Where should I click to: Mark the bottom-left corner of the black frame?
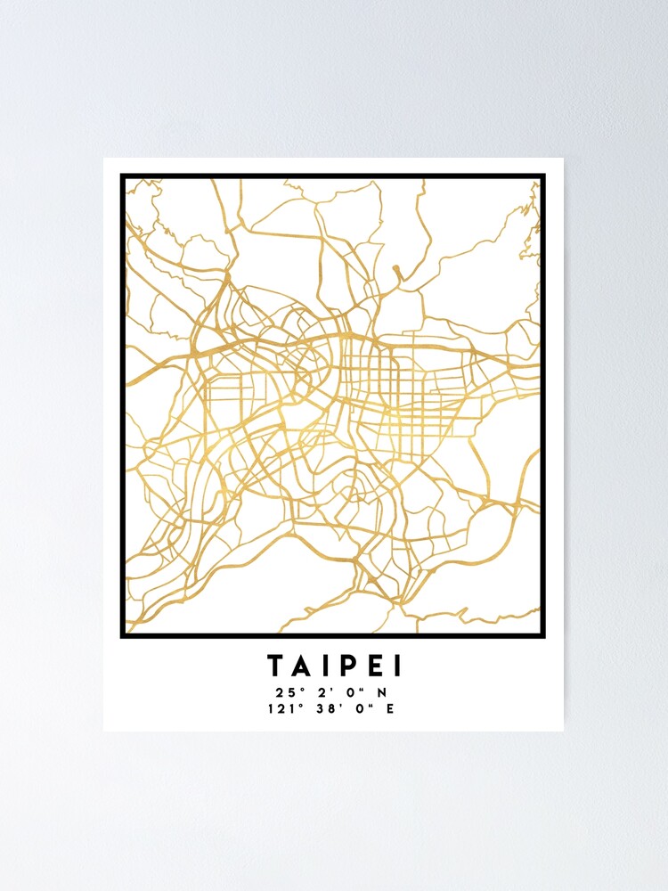click(x=122, y=636)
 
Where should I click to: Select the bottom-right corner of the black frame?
click(x=543, y=636)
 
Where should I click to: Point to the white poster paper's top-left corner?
click(x=104, y=159)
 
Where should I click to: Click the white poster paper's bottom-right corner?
click(x=563, y=731)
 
